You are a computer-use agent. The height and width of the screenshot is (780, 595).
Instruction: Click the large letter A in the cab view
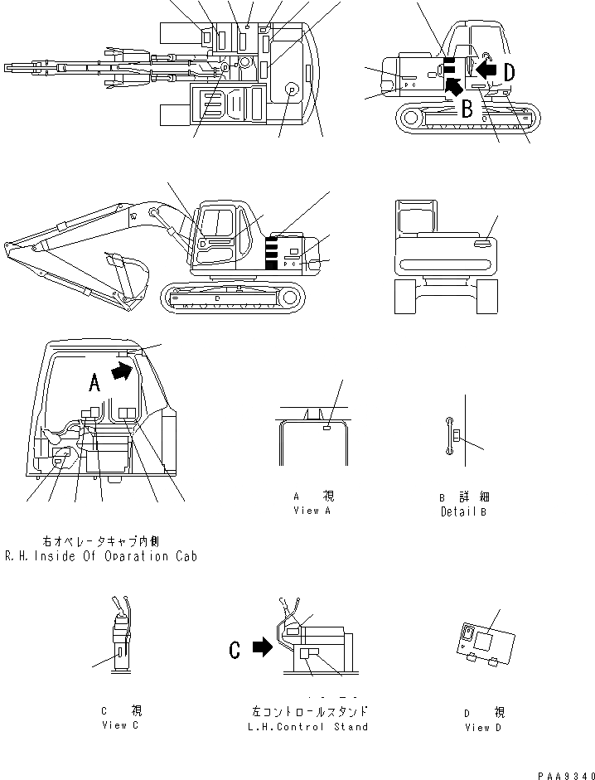94,382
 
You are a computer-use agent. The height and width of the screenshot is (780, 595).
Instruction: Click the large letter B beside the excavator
467,107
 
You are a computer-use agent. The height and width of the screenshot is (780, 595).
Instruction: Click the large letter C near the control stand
235,650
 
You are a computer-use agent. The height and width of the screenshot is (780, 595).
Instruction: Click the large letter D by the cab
508,72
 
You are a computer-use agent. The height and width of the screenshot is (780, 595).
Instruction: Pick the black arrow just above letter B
453,85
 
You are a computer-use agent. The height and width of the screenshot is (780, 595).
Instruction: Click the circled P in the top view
291,90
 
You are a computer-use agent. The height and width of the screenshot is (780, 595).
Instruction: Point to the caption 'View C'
120,725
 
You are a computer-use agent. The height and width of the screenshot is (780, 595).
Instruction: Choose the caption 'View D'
477,727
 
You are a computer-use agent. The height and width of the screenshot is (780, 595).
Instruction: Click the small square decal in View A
327,428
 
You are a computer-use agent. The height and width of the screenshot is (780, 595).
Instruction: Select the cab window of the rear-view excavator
414,220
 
